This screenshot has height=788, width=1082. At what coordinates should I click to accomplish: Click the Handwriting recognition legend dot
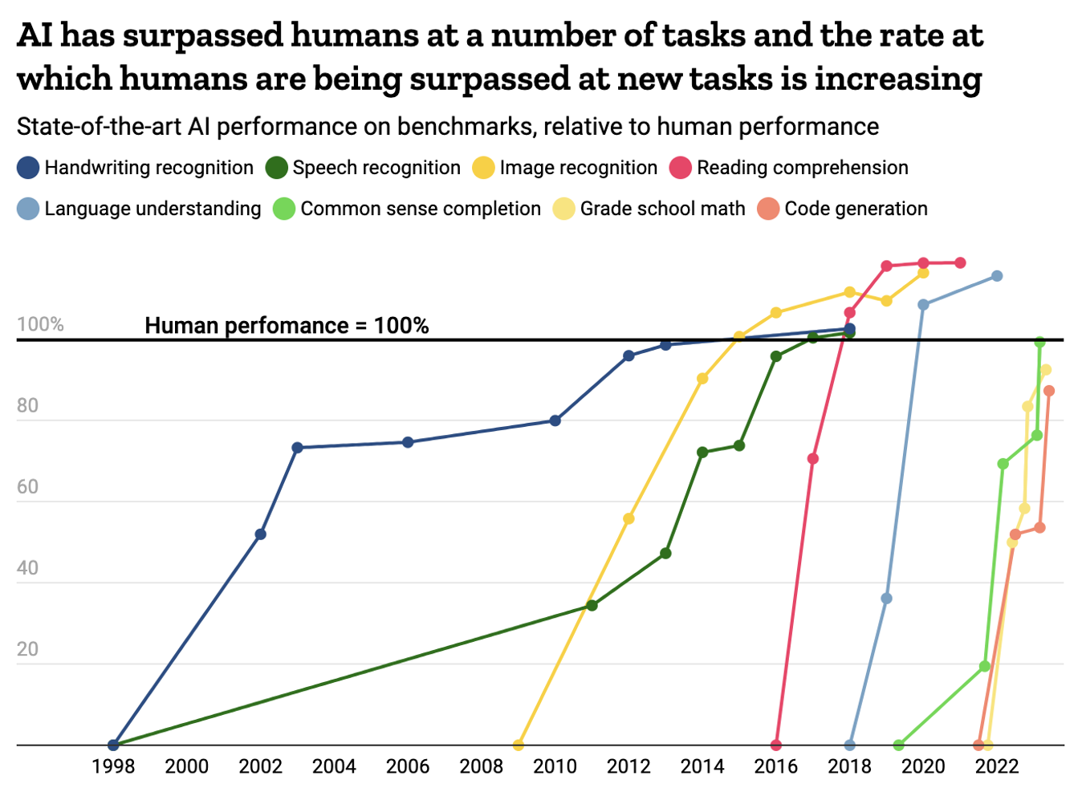coord(28,168)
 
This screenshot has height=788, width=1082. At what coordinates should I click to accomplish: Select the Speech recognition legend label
coord(376,168)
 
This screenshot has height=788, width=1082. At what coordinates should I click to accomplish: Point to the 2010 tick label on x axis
coord(555,766)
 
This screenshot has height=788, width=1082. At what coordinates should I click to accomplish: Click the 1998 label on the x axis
coord(113,766)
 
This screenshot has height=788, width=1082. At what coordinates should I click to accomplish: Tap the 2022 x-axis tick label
coord(997,766)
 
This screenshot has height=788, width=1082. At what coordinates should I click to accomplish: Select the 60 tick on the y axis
coord(28,487)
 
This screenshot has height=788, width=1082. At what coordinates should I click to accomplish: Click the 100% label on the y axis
coord(40,324)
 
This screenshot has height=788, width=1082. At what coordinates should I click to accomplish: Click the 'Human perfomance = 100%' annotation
coord(287,326)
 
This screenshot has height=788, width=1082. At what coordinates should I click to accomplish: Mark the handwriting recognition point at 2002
coord(260,534)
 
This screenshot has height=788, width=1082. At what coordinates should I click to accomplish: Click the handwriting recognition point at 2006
coord(408,442)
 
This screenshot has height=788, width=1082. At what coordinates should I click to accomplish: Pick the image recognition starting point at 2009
coord(519,745)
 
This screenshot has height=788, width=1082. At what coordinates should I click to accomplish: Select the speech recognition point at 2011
coord(592,605)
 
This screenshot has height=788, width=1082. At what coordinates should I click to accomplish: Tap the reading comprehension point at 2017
coord(812,459)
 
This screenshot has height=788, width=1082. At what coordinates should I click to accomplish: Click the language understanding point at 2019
coord(886,599)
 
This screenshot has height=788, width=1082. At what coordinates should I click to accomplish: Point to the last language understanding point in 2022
coord(997,276)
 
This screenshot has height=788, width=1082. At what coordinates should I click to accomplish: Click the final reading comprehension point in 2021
coord(960,262)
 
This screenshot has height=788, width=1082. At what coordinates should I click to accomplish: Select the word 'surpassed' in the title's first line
coord(204,36)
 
